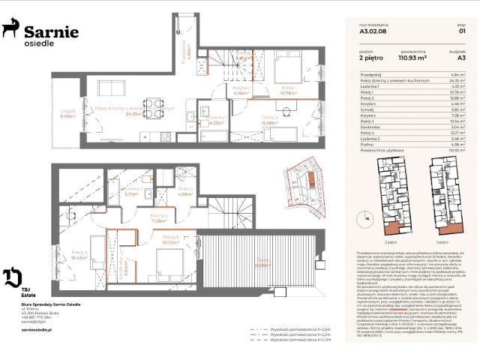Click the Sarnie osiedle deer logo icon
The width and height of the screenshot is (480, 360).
pyautogui.click(x=10, y=29)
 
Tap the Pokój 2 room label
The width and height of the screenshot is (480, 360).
pyautogui.click(x=270, y=120)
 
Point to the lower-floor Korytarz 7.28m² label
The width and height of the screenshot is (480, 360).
pyautogui.click(x=158, y=220)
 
